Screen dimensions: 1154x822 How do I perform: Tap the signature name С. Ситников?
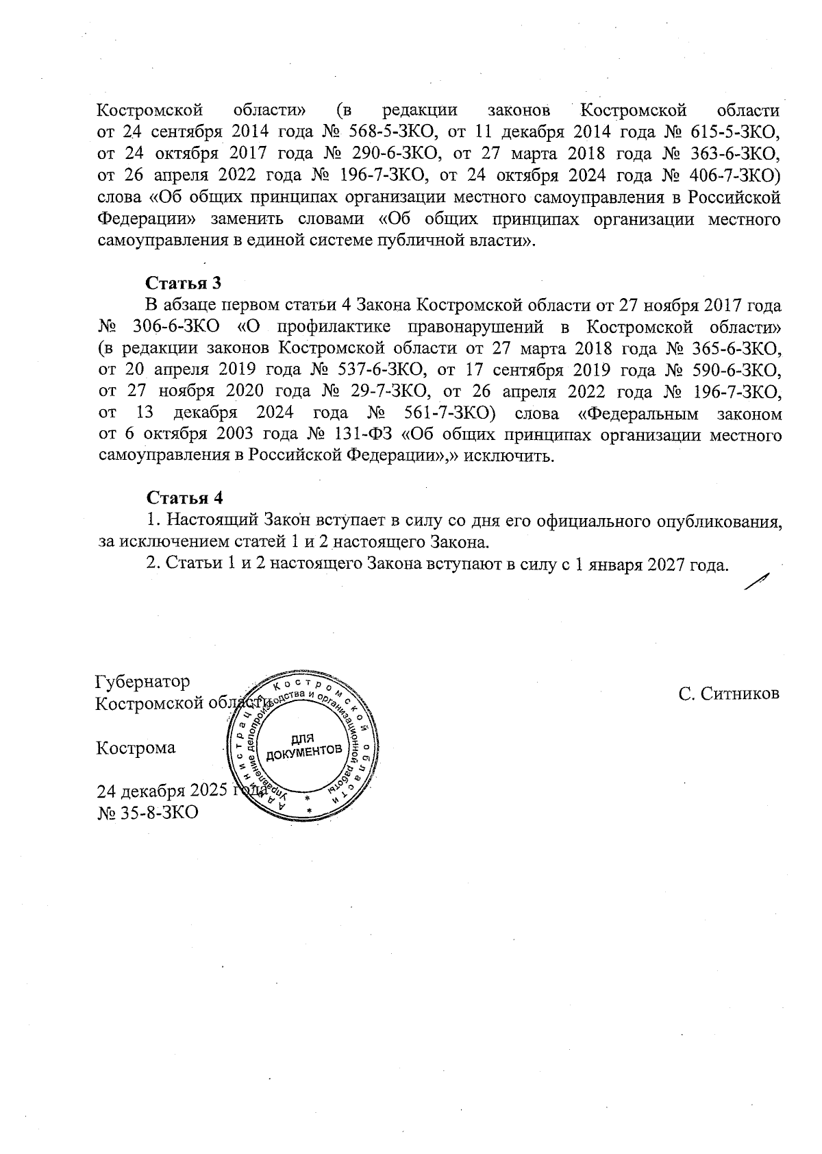coord(729,693)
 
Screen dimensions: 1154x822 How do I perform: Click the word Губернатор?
coord(143,682)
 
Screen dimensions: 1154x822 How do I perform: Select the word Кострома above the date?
coord(136,748)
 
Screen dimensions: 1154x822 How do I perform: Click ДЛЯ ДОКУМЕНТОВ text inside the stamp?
coord(303,746)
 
